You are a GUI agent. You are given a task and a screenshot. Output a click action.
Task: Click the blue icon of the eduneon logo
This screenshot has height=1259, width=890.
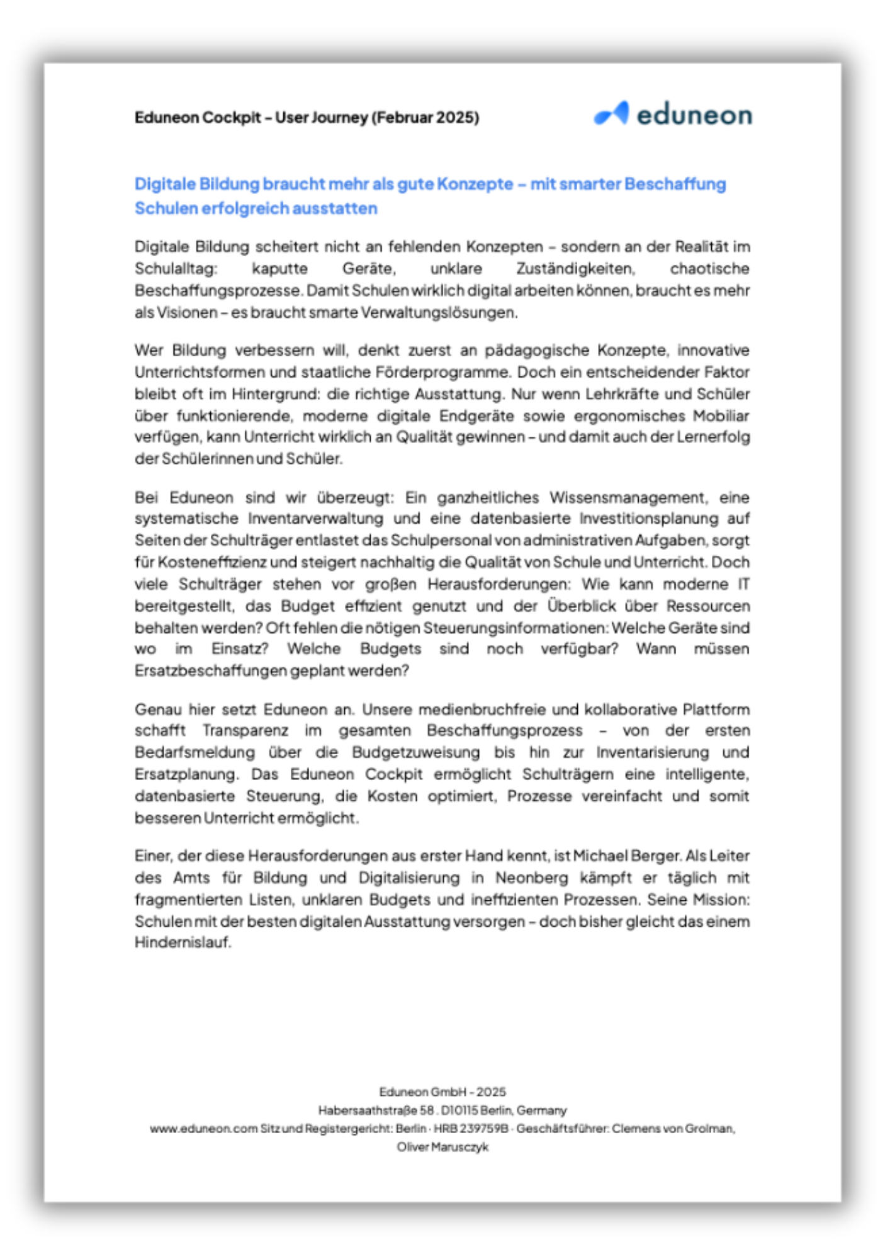[x=611, y=114]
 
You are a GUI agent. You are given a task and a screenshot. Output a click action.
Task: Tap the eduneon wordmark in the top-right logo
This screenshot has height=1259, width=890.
[x=694, y=115]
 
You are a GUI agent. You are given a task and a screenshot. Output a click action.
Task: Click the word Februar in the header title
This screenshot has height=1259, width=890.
[x=405, y=118]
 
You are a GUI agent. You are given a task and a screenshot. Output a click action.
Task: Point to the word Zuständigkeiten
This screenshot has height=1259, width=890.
[x=575, y=269]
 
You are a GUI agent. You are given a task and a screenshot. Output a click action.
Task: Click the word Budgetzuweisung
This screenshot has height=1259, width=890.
[x=415, y=752]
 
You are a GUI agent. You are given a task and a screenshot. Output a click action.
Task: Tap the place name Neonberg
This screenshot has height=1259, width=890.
[x=531, y=878]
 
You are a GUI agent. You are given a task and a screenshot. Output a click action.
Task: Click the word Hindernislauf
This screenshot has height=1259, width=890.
[x=183, y=942]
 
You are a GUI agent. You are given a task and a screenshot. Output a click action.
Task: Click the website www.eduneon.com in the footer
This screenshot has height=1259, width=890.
[x=203, y=1128]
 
